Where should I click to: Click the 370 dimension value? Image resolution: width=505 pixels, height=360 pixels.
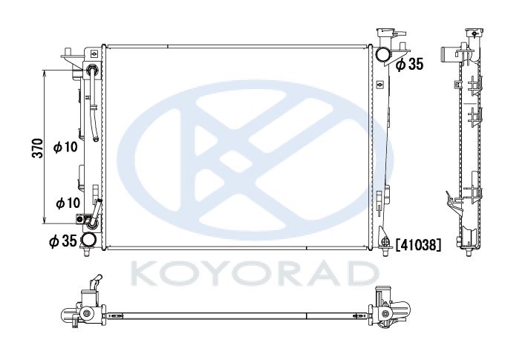coord(39,148)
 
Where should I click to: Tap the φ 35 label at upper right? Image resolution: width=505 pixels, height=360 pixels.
coord(410,65)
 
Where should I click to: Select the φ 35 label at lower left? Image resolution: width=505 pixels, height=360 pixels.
coord(63,240)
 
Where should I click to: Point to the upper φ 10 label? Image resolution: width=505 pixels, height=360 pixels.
coord(65,147)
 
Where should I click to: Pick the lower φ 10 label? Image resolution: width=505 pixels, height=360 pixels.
coord(68,203)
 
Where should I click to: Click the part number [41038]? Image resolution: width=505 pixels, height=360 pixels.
coord(417,246)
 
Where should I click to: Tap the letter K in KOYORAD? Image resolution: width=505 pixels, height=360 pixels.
coord(146,274)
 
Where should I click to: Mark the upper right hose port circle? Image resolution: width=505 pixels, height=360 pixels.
coord(382,54)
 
